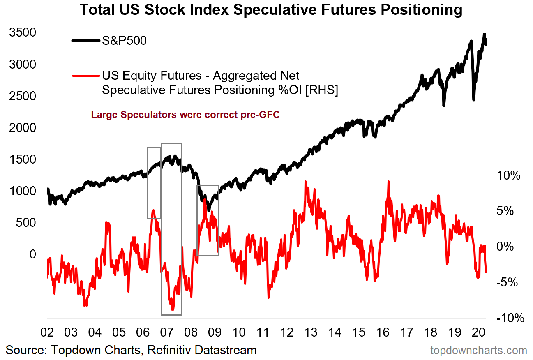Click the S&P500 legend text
tap(124, 41)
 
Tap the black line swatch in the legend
tap(86, 41)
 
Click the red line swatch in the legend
tap(86, 76)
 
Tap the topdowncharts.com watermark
tap(478, 351)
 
